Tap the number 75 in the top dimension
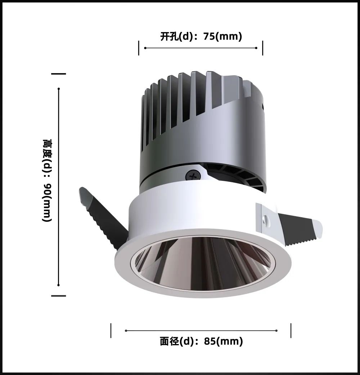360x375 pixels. click(x=209, y=36)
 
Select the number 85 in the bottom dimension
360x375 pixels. click(x=210, y=341)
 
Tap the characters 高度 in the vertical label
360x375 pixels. click(x=47, y=149)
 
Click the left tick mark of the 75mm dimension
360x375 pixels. click(x=139, y=48)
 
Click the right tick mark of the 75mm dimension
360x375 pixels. click(x=262, y=48)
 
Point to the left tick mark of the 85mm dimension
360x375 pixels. click(x=111, y=330)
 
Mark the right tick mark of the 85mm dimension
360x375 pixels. click(x=291, y=330)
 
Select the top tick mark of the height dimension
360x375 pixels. click(x=59, y=74)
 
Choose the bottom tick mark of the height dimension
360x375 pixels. click(x=59, y=296)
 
